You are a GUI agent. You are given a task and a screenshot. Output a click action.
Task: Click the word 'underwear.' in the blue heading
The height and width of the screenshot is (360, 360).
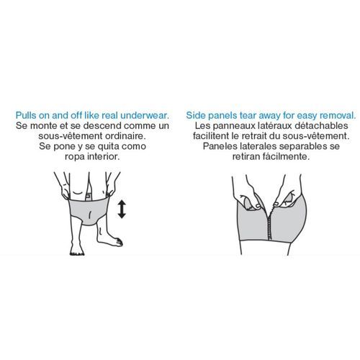click(145, 115)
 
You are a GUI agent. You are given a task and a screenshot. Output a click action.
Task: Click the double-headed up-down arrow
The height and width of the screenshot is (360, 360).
click(122, 210)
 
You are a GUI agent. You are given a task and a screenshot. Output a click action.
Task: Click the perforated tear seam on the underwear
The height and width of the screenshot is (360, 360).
click(269, 222)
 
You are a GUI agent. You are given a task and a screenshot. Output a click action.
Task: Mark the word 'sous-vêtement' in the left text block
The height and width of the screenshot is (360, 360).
click(68, 136)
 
